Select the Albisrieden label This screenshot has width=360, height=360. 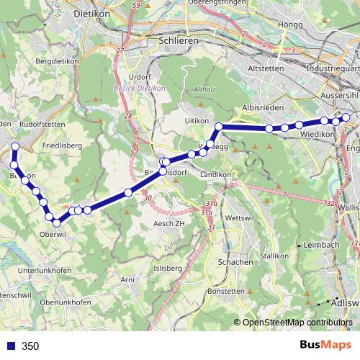click(259, 106)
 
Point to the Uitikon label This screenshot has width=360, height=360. click(196, 120)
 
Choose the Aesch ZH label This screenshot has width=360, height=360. click(163, 224)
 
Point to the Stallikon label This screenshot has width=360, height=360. click(274, 256)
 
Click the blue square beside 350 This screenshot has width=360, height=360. click(9, 346)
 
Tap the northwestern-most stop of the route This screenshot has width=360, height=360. click(14, 146)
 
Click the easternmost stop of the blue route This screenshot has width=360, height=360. click(346, 117)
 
